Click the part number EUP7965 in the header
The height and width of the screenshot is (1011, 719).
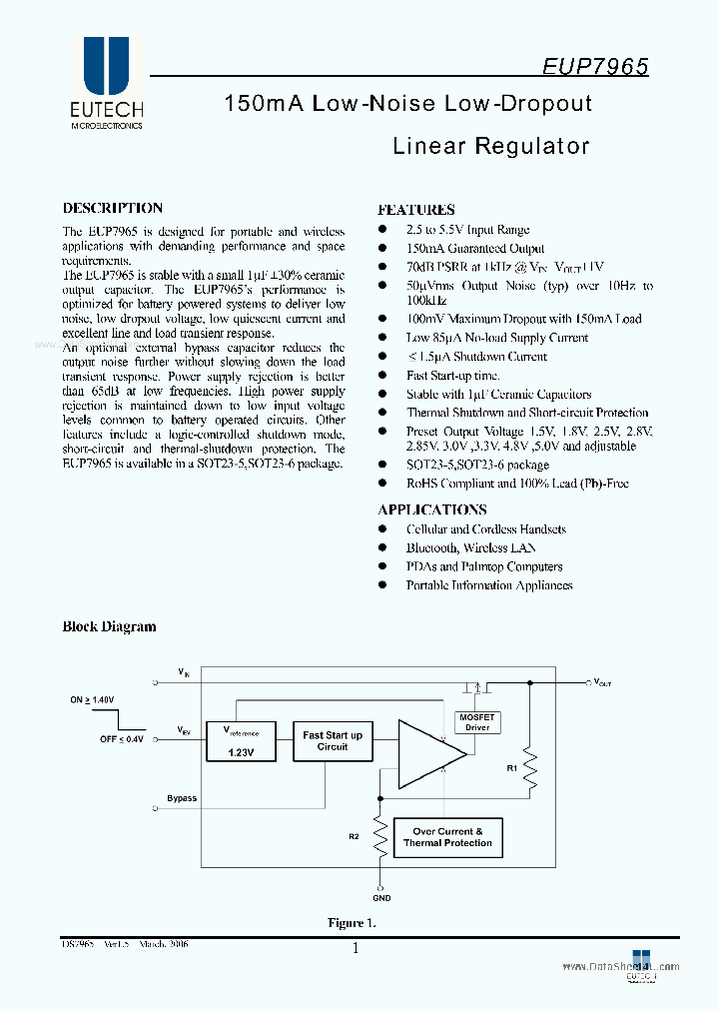tap(595, 66)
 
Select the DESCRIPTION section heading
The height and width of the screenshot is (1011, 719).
tap(113, 208)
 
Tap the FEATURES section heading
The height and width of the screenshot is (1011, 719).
tap(415, 210)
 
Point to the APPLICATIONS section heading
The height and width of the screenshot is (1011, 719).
tap(432, 509)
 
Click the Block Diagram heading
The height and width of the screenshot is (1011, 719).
tap(110, 626)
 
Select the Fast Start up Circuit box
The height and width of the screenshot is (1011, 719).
tap(333, 741)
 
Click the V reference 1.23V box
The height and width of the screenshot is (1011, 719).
tap(240, 741)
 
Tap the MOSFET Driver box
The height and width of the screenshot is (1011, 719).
tap(477, 722)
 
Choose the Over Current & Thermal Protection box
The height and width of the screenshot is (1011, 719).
tap(447, 837)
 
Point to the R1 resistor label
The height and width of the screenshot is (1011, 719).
tap(512, 768)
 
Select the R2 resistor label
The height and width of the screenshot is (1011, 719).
tap(354, 835)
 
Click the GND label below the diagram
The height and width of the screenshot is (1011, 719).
tap(381, 898)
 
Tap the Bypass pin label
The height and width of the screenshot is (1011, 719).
tap(182, 798)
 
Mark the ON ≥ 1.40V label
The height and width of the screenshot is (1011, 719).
tap(93, 699)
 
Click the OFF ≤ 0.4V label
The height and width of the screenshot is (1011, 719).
tap(122, 739)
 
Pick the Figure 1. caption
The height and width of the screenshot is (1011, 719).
tap(353, 923)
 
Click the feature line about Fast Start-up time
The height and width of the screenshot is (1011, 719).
tap(452, 376)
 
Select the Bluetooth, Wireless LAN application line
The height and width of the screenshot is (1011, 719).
tap(470, 547)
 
